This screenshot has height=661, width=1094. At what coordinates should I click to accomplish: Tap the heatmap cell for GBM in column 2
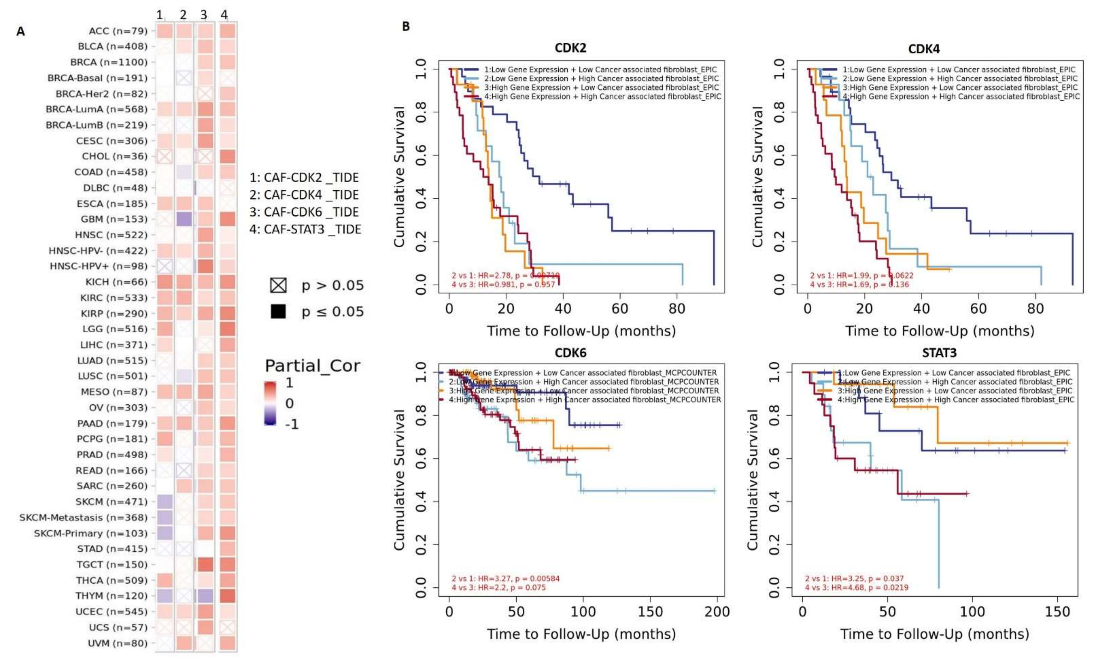(x=184, y=219)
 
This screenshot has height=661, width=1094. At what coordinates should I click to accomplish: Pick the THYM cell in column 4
(x=228, y=596)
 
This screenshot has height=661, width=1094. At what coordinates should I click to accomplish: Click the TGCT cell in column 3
(x=205, y=565)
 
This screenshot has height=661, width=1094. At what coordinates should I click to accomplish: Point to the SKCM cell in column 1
(x=164, y=502)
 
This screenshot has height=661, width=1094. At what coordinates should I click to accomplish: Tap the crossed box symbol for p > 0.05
(x=278, y=285)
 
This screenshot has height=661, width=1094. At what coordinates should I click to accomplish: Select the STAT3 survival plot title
(x=939, y=353)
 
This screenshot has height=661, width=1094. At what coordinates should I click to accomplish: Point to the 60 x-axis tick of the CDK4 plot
(x=978, y=308)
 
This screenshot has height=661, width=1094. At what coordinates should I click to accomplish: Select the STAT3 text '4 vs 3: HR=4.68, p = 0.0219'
(x=857, y=588)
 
